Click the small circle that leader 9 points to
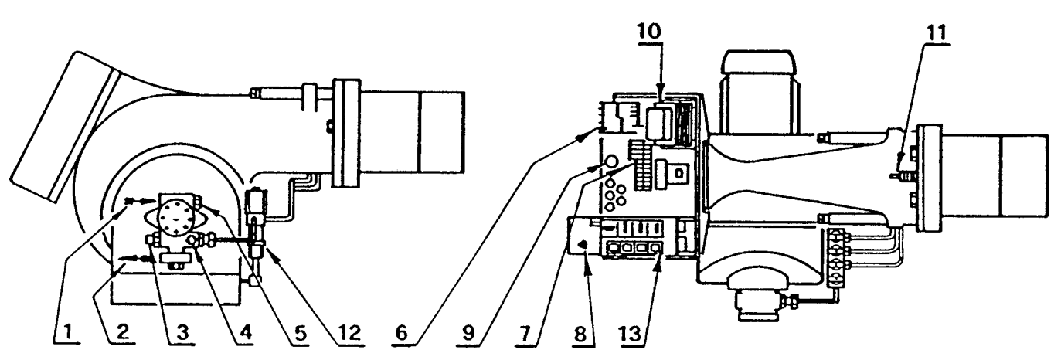(x=609, y=161)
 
